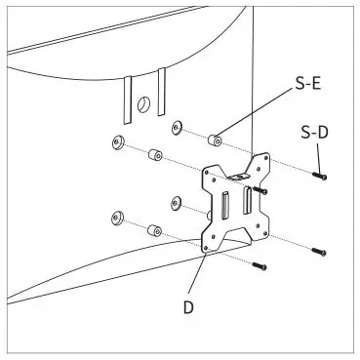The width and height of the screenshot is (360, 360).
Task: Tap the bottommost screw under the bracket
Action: (x=260, y=264)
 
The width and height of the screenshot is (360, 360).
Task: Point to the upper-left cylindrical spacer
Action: (x=154, y=156)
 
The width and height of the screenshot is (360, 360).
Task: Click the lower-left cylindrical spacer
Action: (x=153, y=232)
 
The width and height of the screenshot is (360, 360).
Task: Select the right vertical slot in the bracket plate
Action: (x=247, y=202)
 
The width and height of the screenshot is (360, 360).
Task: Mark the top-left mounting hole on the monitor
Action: (x=117, y=143)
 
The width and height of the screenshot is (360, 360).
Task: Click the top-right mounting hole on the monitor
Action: (x=178, y=127)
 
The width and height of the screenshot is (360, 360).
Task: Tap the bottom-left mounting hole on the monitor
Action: (x=117, y=217)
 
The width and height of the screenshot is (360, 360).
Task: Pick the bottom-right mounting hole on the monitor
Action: (x=177, y=202)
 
